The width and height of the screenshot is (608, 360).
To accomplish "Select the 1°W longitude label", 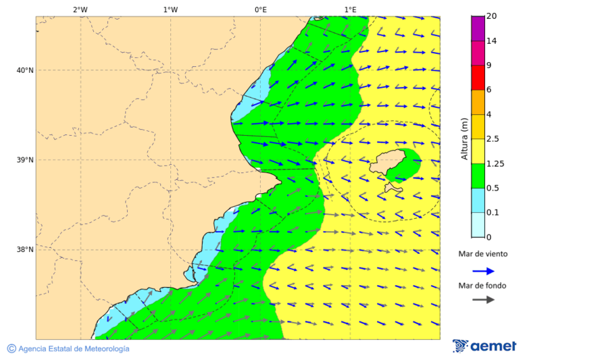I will click(x=170, y=9).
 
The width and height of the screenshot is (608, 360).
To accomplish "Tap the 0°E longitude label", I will click(x=260, y=9).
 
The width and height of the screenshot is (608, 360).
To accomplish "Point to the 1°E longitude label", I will click(x=350, y=9).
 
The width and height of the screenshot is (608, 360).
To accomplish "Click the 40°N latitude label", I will click(x=25, y=70).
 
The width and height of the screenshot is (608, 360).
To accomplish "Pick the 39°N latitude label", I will click(x=25, y=160).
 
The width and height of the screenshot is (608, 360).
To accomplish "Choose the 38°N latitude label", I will click(x=25, y=250).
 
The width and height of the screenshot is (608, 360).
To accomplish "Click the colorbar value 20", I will click(x=492, y=16).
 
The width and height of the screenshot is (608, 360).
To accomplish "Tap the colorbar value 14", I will click(x=492, y=41).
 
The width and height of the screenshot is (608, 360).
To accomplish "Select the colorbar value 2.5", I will click(x=492, y=139).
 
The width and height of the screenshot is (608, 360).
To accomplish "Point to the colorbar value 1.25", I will click(x=495, y=163).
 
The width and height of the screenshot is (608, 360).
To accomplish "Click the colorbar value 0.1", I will click(x=492, y=213).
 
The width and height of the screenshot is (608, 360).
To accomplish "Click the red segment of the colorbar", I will click(x=478, y=78).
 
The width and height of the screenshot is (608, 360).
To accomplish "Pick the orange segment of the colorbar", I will click(x=478, y=102).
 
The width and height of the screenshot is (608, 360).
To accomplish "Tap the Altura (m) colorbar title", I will click(x=464, y=138).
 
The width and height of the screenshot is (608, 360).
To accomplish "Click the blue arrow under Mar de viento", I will click(x=483, y=271).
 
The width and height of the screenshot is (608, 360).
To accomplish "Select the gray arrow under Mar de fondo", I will click(x=483, y=299).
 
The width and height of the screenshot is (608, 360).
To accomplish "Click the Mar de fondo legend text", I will click(x=482, y=286).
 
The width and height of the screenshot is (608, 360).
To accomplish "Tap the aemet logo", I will click(x=484, y=346).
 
